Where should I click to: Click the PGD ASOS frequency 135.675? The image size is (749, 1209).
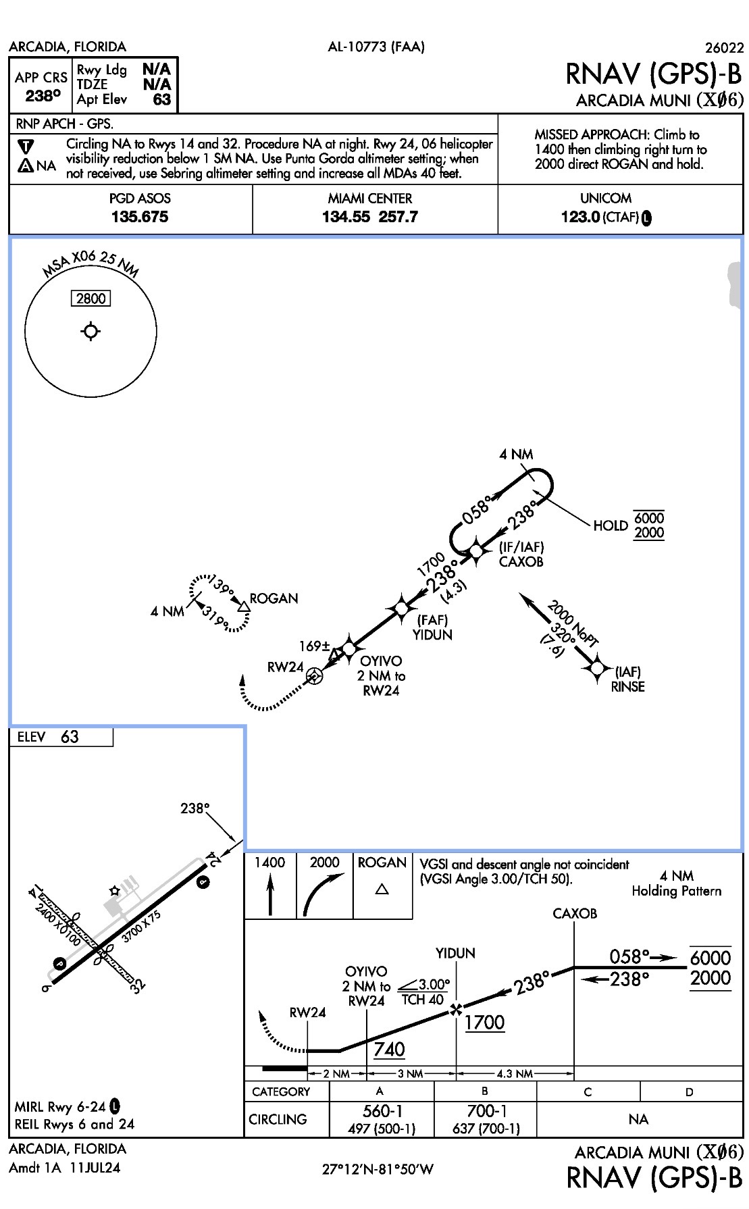[139, 217]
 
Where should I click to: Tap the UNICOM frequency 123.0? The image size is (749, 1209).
[580, 217]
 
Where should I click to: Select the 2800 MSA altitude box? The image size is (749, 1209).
[91, 299]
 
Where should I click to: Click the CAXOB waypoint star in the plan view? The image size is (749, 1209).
[476, 551]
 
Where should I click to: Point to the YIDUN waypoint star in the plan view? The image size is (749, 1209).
[402, 609]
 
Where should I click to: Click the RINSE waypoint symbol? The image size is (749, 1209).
[597, 668]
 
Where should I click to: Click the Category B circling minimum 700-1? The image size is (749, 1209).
[486, 1111]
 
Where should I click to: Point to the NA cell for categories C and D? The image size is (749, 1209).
[638, 1119]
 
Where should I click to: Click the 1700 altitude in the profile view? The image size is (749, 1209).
[484, 1023]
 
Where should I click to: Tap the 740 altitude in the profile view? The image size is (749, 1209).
[389, 1049]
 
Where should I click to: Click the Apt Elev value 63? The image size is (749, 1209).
[162, 100]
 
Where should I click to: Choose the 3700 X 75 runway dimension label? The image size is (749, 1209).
[142, 927]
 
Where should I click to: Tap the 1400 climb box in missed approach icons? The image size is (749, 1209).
[270, 885]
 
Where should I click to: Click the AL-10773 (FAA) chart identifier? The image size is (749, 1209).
[376, 47]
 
